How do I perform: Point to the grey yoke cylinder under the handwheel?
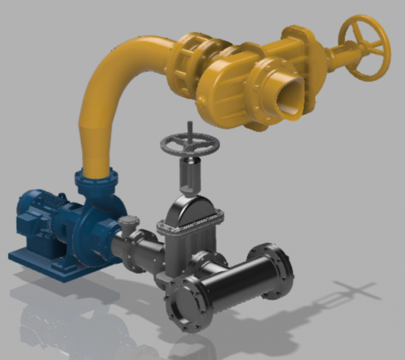click(190, 174)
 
